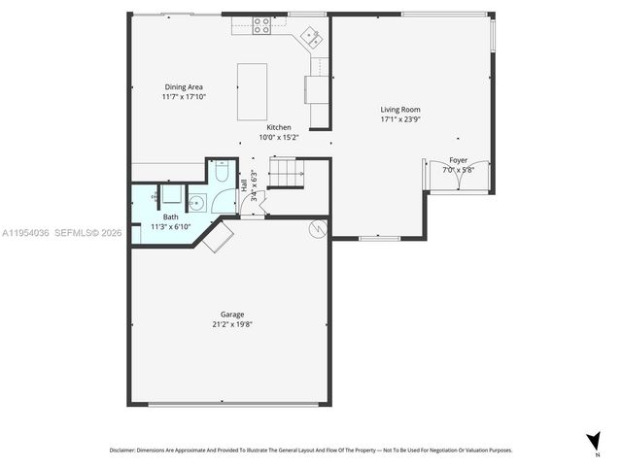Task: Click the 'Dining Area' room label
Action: pos(183,87)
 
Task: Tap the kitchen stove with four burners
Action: pos(262,26)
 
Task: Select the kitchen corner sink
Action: pos(312,38)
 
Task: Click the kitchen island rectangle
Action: pos(252,91)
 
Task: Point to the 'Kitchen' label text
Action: pos(279,127)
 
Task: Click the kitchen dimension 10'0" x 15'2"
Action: pos(279,137)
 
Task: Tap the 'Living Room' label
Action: pos(399,110)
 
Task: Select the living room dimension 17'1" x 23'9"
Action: pos(399,119)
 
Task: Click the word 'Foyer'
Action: pos(458,160)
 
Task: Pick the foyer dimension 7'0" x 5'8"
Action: pos(458,170)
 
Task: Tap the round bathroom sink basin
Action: pos(195,204)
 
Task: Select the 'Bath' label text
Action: pos(170,217)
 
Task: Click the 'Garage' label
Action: pos(231,315)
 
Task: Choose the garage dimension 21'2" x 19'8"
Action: pos(231,324)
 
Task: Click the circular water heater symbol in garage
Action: pos(317,229)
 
